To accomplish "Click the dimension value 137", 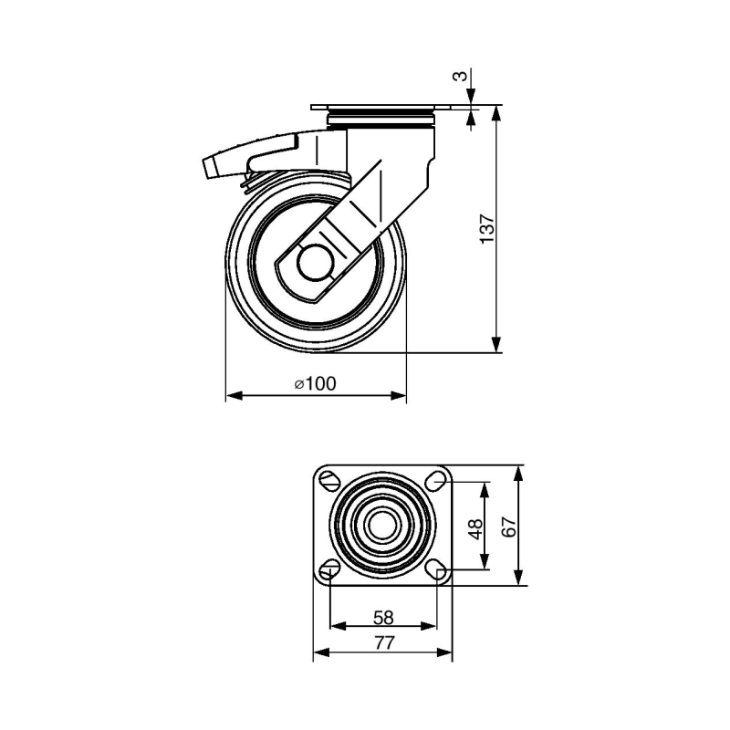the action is tap(487, 229).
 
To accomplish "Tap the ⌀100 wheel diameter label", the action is tap(315, 383).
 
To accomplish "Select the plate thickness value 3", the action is tap(460, 76).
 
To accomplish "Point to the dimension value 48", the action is tap(476, 528).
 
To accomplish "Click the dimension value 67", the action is tap(510, 527).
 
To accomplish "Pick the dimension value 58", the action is tap(383, 618).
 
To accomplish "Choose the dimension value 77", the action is tap(383, 643).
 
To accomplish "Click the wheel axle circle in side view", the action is tap(316, 263).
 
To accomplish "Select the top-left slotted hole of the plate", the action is tap(330, 480).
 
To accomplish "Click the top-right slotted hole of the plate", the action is tap(437, 481).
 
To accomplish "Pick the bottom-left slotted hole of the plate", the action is tap(330, 568).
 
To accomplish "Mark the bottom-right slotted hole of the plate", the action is tap(437, 568).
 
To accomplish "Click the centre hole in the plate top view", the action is tap(383, 525).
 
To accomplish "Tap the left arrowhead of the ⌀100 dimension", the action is tap(235, 396).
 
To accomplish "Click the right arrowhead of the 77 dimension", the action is tap(444, 652).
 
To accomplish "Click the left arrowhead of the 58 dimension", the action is tap(338, 627).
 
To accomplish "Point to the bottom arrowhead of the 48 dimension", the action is tap(485, 560).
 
